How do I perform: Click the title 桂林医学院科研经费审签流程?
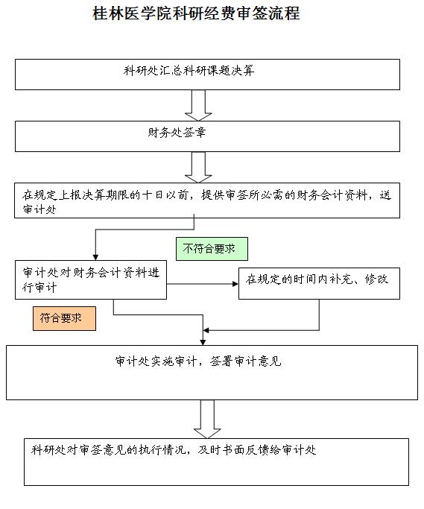click(x=196, y=13)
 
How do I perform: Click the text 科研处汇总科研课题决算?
click(x=189, y=71)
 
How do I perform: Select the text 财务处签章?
click(x=177, y=133)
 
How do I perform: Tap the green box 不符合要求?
click(x=212, y=249)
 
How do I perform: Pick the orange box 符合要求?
click(x=64, y=318)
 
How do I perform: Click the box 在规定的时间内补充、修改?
click(x=319, y=283)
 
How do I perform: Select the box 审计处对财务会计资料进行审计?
click(x=91, y=279)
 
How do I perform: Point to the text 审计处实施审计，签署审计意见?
click(x=198, y=361)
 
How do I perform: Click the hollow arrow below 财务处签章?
click(x=198, y=167)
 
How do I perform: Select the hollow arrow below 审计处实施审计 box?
click(x=207, y=419)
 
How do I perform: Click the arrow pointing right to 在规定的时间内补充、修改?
click(x=203, y=284)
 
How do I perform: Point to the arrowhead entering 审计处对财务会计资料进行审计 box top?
click(x=95, y=257)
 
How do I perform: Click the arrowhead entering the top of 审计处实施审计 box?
click(x=203, y=342)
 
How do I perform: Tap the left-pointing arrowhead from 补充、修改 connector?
click(x=206, y=330)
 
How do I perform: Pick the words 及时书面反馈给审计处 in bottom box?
click(x=257, y=449)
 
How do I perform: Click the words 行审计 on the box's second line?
click(x=39, y=287)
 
